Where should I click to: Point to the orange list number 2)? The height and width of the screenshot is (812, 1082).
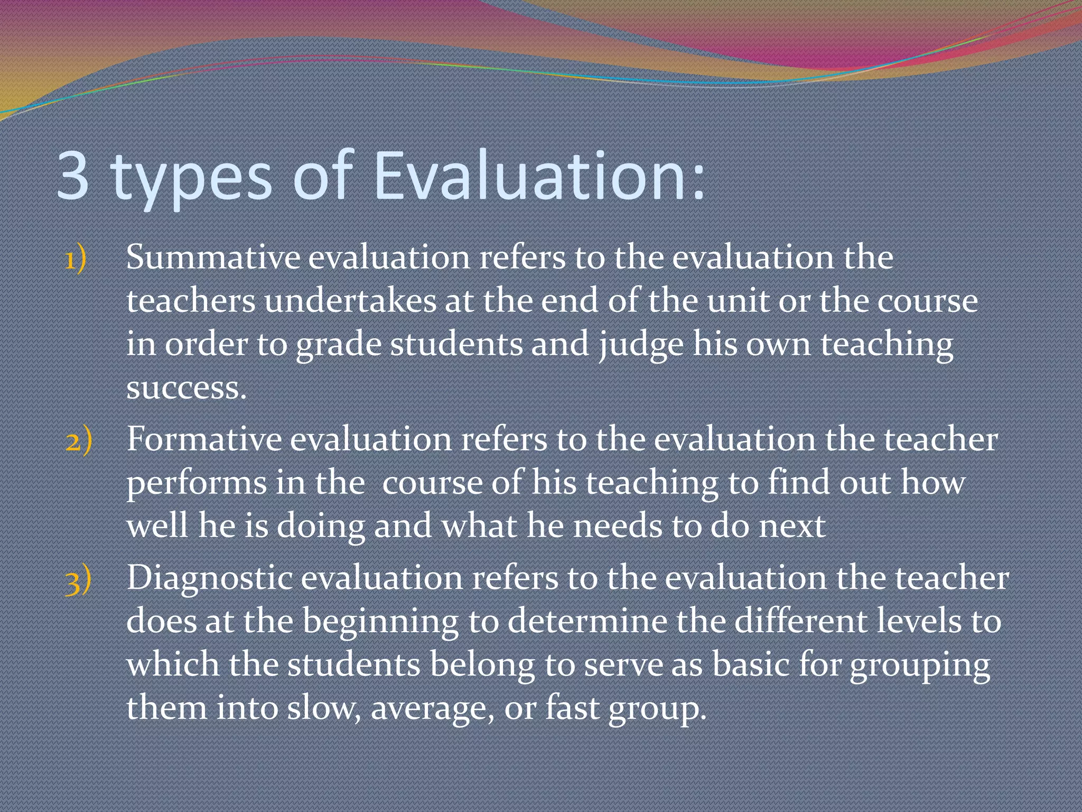pos(79,440)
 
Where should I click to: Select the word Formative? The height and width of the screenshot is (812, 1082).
pos(203,439)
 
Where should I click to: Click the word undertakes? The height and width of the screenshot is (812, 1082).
pos(350,301)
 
